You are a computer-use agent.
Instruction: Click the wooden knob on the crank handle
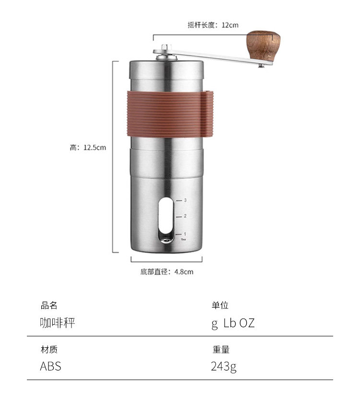coord(263,45)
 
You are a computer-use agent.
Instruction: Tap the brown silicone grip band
coord(170,114)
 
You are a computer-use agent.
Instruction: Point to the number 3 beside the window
coord(185,200)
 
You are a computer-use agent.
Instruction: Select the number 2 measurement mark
coord(185,216)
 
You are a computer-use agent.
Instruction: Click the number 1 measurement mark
coord(185,234)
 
